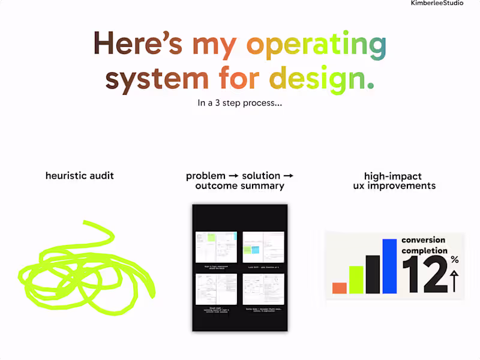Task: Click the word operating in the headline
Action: (317, 45)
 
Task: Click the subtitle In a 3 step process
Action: (240, 103)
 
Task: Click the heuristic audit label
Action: (80, 176)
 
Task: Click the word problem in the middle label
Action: (205, 176)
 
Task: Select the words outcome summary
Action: (239, 186)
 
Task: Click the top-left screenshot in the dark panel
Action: (216, 247)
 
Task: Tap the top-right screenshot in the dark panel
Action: (263, 247)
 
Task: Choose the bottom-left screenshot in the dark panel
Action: (216, 289)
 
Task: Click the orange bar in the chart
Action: (340, 288)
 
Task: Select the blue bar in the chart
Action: (389, 266)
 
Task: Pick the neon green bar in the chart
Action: (356, 280)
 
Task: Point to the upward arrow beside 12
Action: (454, 281)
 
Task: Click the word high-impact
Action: (393, 176)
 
